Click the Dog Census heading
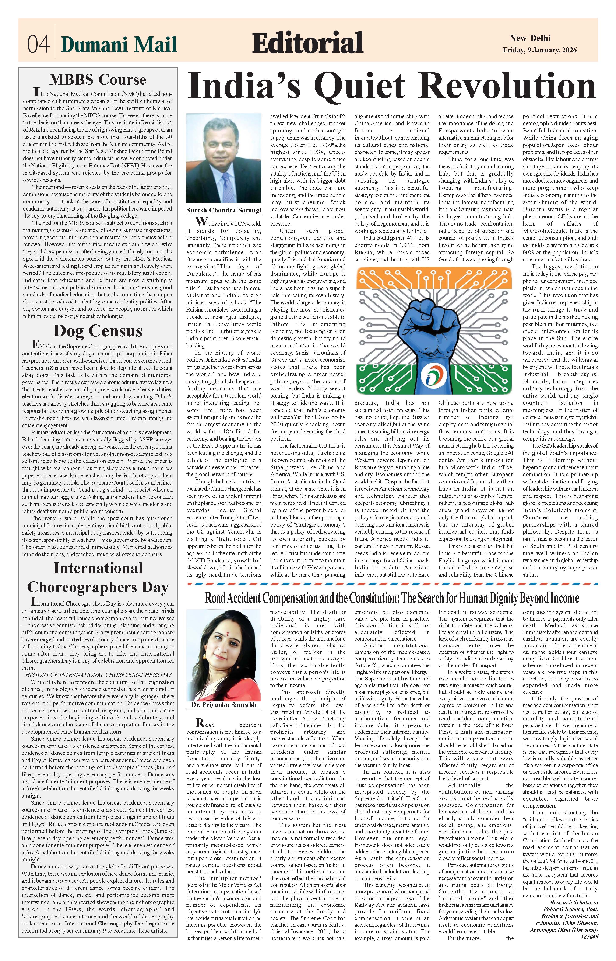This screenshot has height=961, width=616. pos(98,331)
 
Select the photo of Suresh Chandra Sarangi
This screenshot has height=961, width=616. pos(224,158)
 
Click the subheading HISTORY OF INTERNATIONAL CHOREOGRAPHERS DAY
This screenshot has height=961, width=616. pos(98,675)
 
